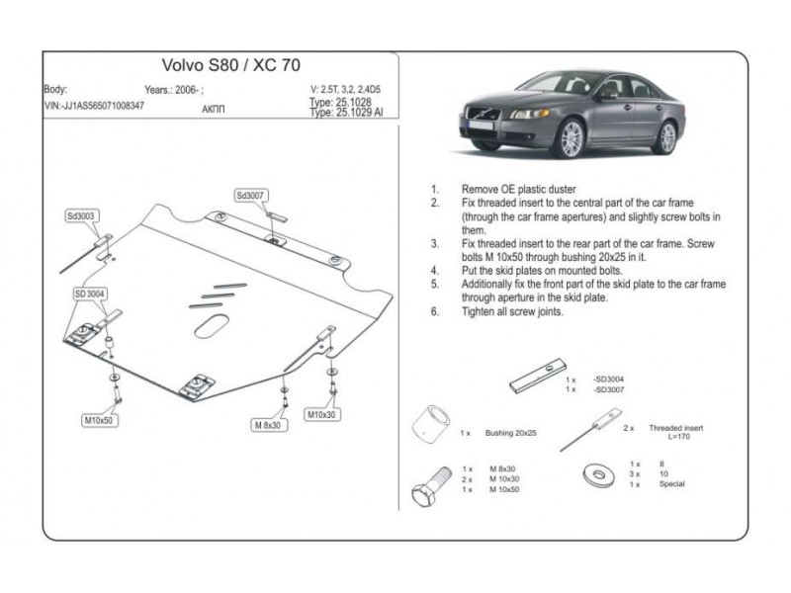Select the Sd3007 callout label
[x=252, y=196]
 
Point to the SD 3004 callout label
[x=90, y=294]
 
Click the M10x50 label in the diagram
[x=97, y=420]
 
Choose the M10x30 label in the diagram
[x=321, y=414]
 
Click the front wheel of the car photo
[x=573, y=139]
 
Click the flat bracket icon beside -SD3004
[x=536, y=380]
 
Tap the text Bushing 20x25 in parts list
[x=511, y=433]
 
